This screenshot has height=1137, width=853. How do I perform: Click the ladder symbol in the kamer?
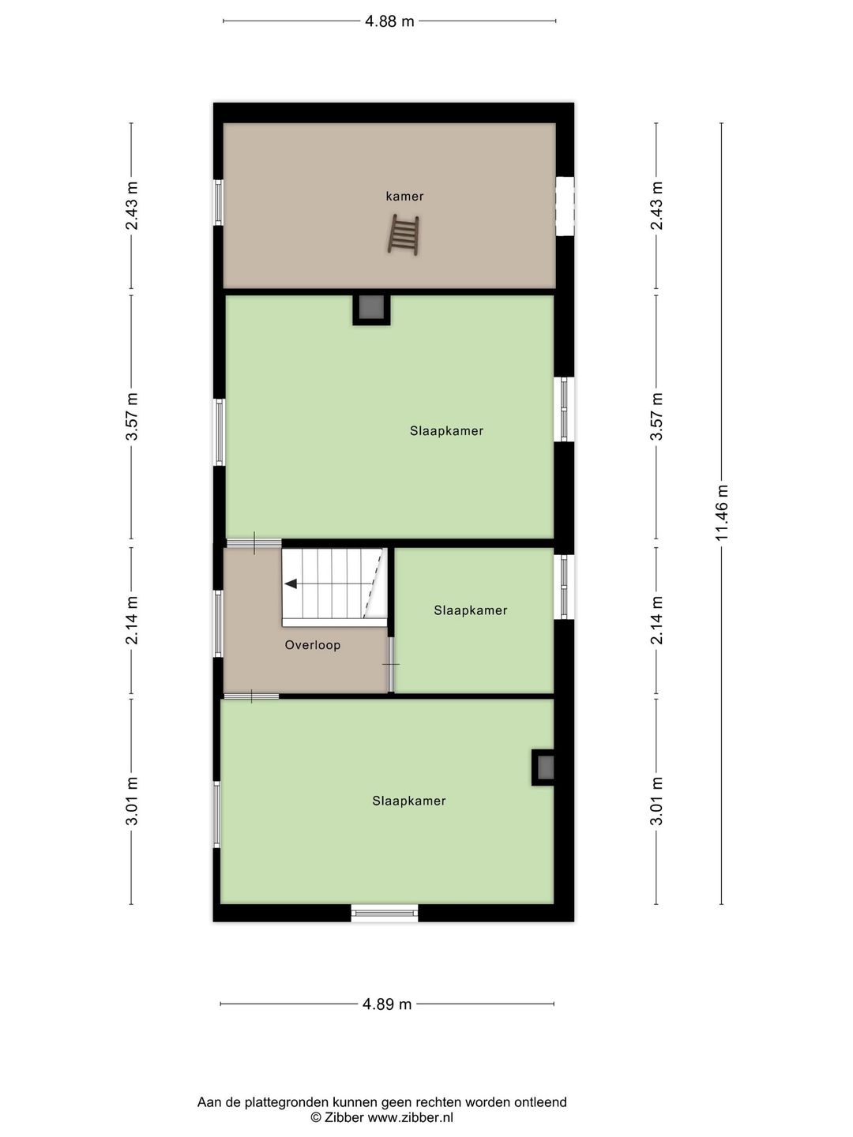coord(404,235)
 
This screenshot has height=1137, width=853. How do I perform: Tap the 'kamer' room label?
coord(404,197)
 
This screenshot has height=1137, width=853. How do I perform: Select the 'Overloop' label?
coord(313,645)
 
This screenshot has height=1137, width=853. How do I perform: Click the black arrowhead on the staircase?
coord(291,584)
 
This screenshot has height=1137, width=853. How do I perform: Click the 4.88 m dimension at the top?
coord(389,21)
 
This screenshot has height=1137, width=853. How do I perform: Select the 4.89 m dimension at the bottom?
coord(387,1004)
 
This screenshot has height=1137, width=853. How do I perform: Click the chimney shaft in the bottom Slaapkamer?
coord(544,767)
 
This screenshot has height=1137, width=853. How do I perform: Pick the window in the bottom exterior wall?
coord(385,914)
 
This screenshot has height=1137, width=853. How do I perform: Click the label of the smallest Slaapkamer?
coord(471,610)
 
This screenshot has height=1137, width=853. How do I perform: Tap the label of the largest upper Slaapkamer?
coord(446,431)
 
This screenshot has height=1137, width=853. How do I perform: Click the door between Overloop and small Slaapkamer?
coord(390,664)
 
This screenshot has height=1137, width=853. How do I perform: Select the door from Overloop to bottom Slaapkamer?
coord(251,696)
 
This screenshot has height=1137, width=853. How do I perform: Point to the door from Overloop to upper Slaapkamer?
coord(254,543)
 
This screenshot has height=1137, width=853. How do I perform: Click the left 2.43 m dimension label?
coord(132,206)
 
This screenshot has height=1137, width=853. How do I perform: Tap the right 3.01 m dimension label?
coord(656,801)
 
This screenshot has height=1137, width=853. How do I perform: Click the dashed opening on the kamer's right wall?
coord(564,206)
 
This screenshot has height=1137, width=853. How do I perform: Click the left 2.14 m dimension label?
coord(132,621)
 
